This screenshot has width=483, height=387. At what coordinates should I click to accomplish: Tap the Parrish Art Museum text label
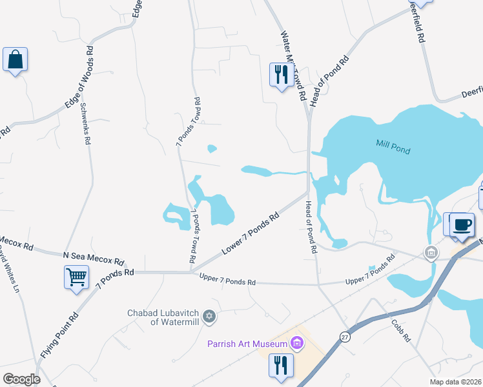(x=248, y=343)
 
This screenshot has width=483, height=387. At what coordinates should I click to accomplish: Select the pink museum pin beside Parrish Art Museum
(x=297, y=342)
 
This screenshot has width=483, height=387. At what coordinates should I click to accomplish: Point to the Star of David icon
(x=208, y=317)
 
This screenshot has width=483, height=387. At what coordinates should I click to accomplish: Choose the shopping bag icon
(x=15, y=59)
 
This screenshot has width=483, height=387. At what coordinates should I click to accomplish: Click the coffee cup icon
(x=462, y=225)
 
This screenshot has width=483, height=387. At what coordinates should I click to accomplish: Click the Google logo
(x=21, y=379)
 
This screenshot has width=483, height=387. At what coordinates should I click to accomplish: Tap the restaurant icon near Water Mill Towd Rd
(x=281, y=75)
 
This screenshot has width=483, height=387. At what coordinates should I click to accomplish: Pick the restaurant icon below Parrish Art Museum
(x=281, y=365)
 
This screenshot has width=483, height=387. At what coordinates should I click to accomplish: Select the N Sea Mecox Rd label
(x=94, y=258)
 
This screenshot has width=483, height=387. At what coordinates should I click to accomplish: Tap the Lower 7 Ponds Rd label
(x=250, y=233)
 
